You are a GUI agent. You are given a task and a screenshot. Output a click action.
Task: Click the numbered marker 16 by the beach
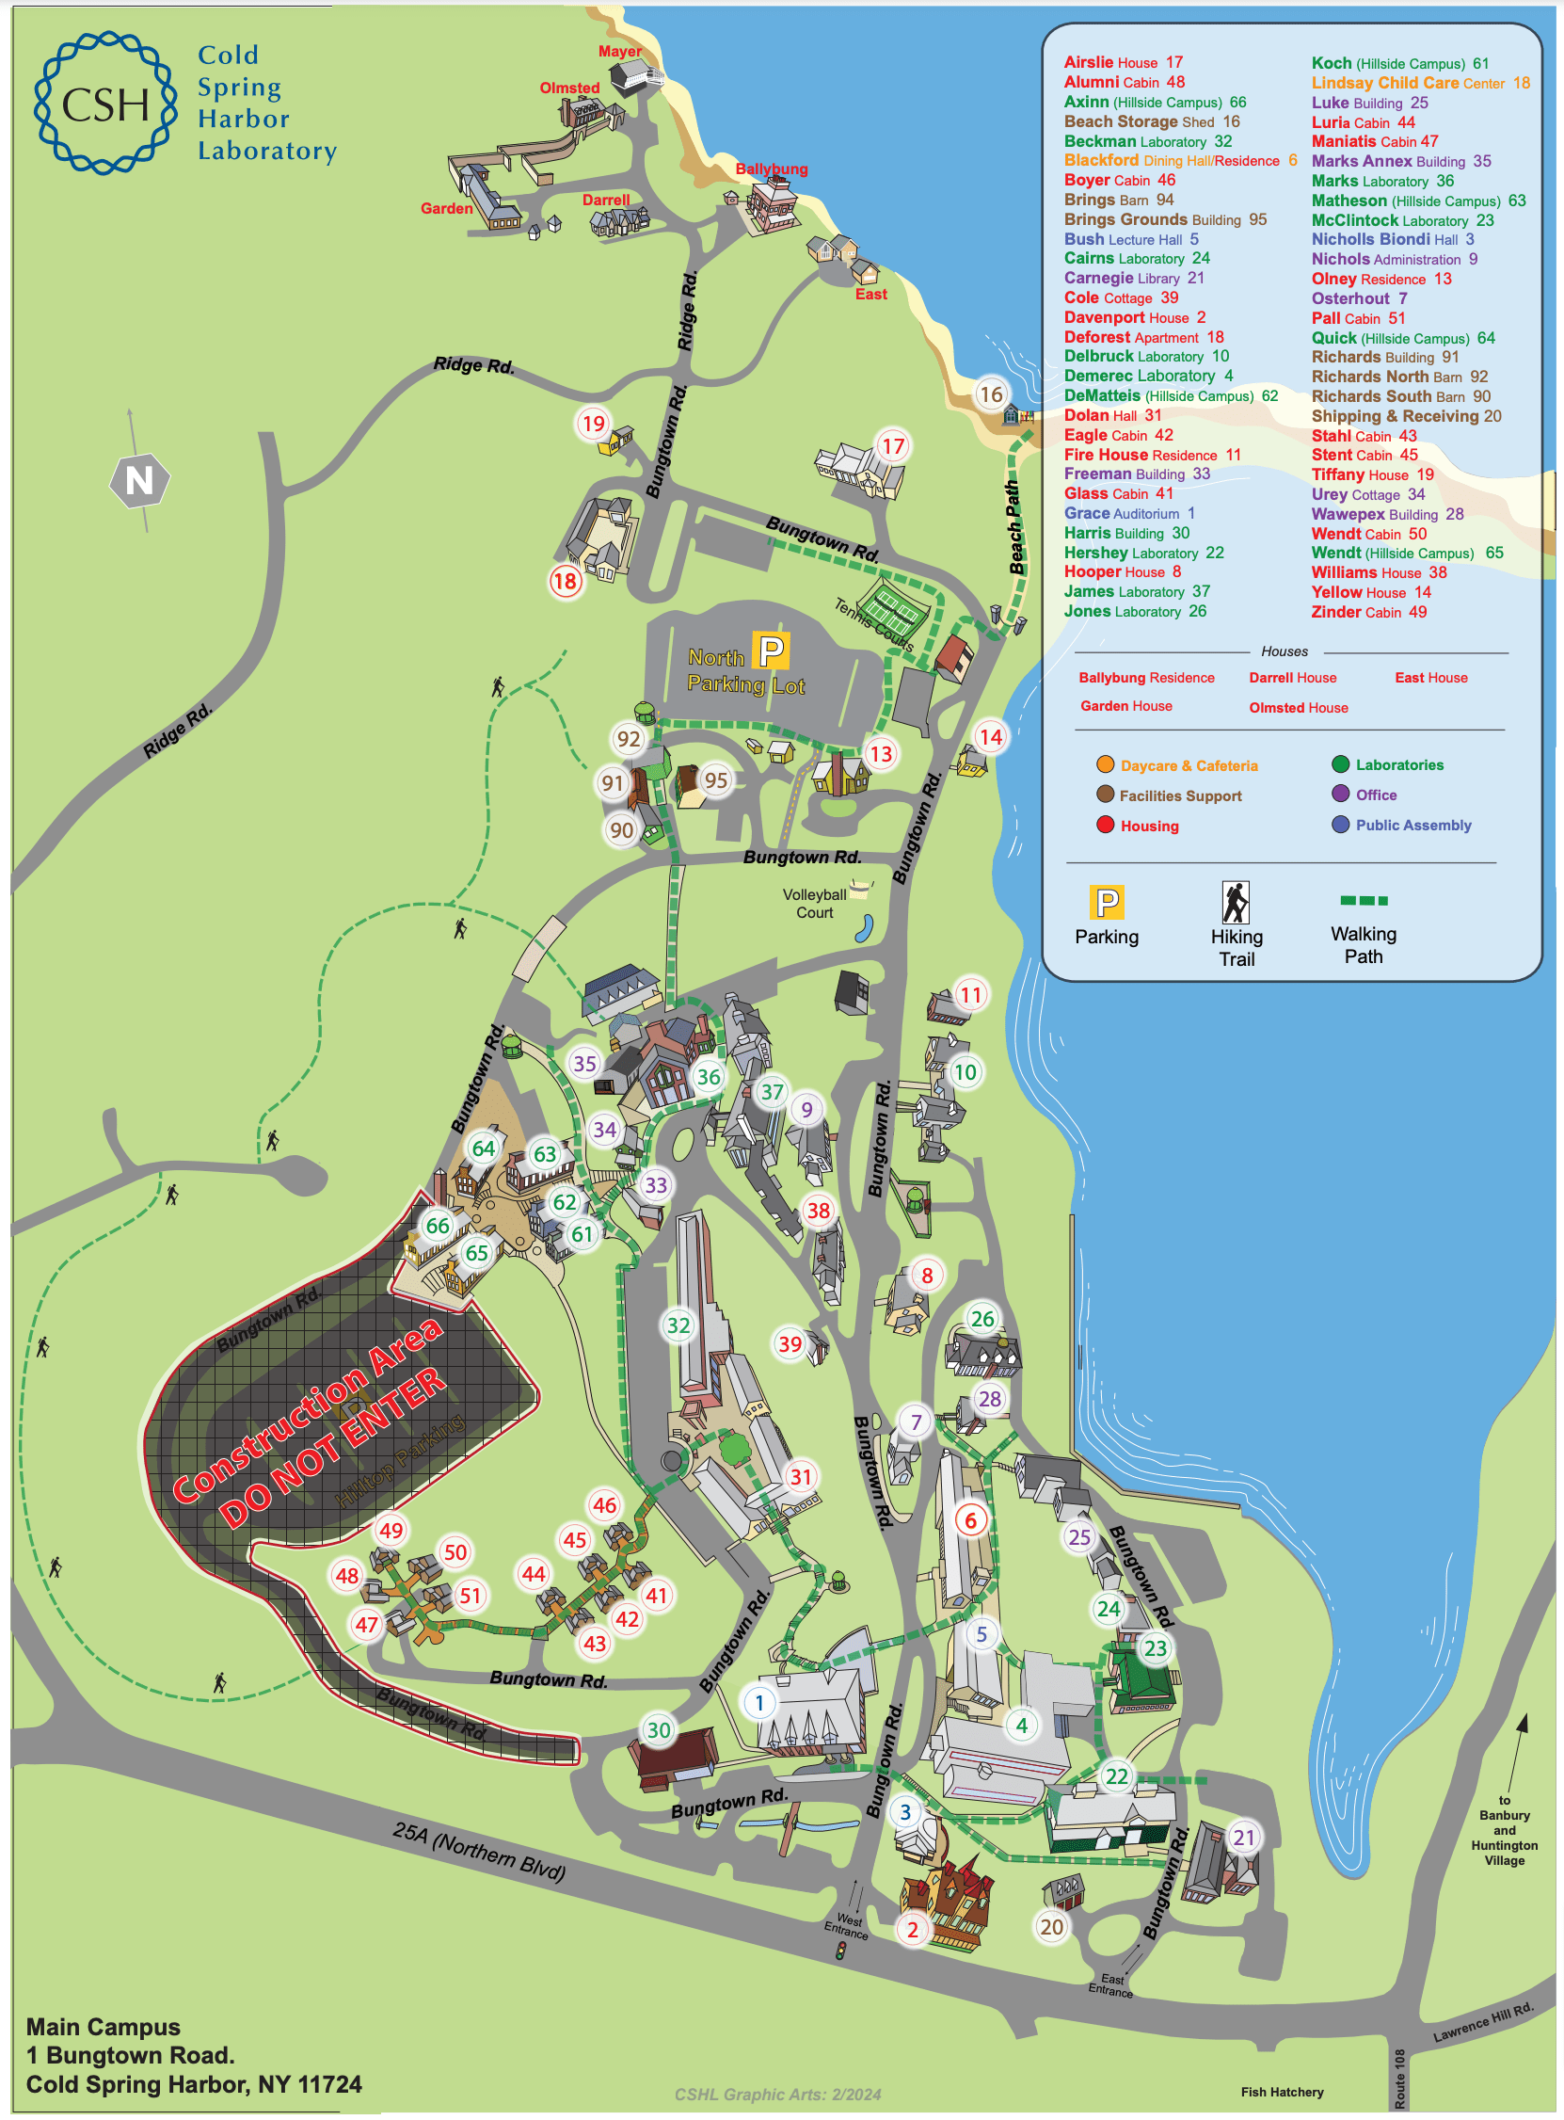990,394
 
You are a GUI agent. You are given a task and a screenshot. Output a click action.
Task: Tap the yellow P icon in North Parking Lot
771,652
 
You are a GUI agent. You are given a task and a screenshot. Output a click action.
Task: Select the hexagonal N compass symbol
139,482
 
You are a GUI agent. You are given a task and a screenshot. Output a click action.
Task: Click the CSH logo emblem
105,104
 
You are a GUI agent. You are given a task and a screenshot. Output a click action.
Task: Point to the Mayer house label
619,52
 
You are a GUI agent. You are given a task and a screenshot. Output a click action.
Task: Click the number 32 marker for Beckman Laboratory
678,1325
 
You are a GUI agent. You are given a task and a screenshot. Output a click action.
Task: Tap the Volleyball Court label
814,904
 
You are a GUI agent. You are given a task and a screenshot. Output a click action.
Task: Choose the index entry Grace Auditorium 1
1128,514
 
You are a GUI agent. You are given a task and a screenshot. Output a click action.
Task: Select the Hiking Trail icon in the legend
1236,904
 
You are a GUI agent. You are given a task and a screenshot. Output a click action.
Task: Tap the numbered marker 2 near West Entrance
912,1930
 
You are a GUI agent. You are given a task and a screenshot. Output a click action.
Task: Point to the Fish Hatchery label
1282,2092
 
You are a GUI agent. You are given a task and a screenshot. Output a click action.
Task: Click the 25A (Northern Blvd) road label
479,1851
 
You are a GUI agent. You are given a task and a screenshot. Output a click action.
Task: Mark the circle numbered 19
594,425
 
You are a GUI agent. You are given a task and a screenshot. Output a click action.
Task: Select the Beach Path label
1013,528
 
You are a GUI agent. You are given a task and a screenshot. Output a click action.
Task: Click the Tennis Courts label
874,625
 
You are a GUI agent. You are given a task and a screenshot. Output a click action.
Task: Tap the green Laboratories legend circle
1341,765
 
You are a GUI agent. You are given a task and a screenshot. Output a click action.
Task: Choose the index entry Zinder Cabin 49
1368,613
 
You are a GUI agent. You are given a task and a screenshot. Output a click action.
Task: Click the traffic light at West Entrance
839,1951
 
